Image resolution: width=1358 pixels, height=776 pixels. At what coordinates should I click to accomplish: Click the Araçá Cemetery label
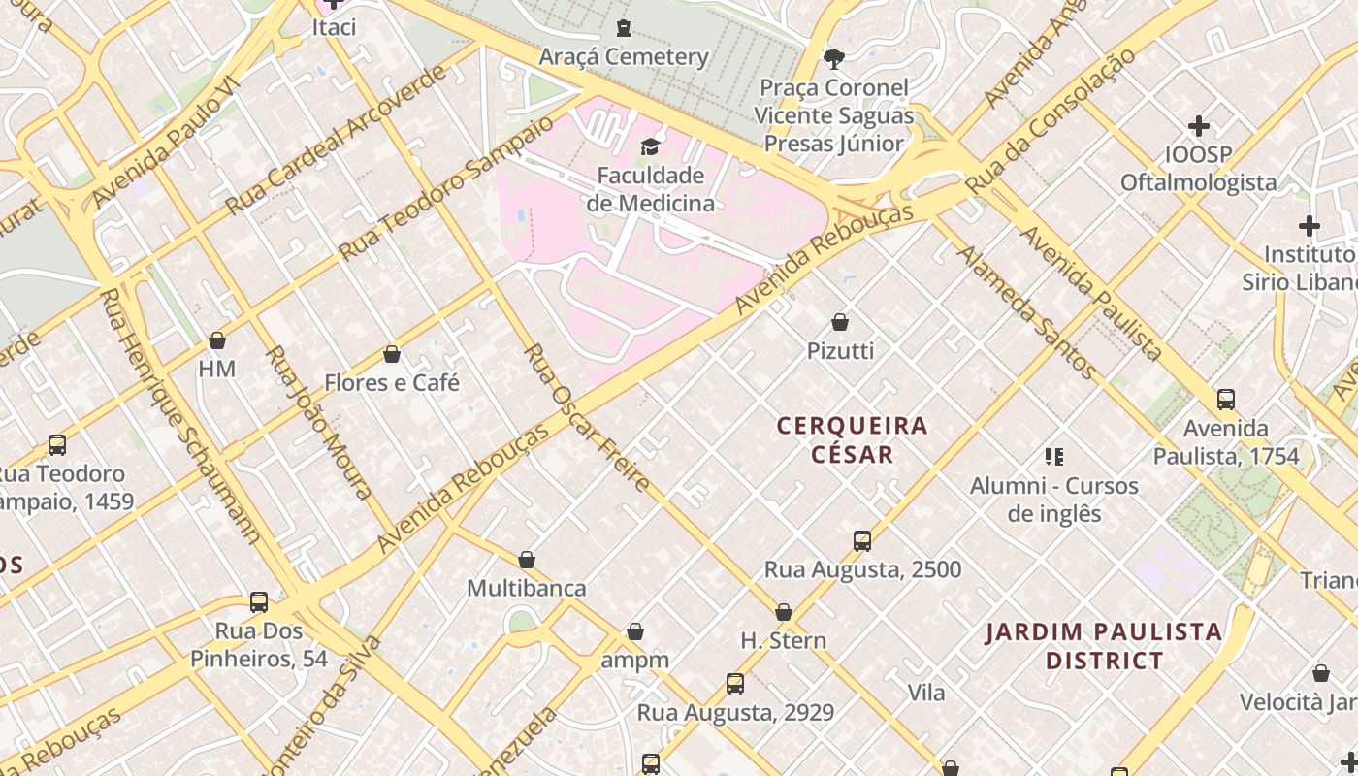pos(624,56)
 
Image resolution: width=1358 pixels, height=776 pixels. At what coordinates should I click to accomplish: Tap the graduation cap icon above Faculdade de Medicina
pos(650,146)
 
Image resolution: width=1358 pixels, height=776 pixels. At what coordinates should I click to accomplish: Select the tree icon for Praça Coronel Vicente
pos(833,59)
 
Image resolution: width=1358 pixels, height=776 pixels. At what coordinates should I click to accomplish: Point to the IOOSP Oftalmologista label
pos(1199,169)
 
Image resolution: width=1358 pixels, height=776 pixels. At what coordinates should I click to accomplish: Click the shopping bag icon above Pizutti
pos(840,322)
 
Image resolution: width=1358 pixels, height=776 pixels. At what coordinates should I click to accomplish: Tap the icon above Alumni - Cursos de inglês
pos(1054,457)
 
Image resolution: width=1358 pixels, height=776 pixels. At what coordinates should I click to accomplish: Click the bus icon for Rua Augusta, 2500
pos(862,541)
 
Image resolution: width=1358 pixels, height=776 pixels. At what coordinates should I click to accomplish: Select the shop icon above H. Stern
pos(784,612)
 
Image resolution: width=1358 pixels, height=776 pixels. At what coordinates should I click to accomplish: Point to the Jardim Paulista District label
pos(1104,646)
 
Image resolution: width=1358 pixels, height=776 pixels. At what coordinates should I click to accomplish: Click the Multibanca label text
pos(527,588)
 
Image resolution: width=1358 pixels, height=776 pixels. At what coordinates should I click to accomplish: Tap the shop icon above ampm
pos(635,632)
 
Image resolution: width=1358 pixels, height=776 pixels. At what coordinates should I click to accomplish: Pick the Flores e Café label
pos(392,383)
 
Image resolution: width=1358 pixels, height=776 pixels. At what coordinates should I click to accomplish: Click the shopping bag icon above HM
pos(217,340)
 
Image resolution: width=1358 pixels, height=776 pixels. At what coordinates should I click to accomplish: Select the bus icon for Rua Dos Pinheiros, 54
pos(259,602)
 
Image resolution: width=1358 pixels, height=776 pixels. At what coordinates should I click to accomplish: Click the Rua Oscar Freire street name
pos(586,417)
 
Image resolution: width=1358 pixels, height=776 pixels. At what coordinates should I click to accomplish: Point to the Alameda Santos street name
pos(1027,311)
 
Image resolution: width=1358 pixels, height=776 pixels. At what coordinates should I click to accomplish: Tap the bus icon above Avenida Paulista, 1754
pos(1226,400)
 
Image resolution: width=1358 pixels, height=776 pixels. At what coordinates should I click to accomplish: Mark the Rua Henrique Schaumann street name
pos(181,417)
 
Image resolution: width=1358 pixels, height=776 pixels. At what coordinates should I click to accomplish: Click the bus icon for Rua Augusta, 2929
pos(735,684)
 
